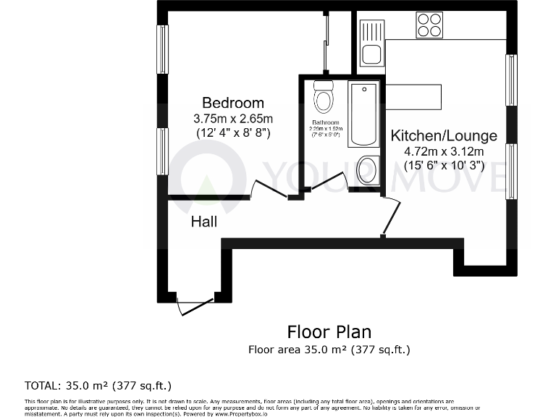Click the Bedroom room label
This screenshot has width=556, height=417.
[232, 103]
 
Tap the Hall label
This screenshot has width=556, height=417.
[204, 222]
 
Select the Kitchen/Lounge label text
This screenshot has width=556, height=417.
[444, 135]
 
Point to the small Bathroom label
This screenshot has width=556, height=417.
[325, 122]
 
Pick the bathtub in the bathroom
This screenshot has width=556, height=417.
[363, 114]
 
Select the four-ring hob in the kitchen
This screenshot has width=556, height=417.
[430, 26]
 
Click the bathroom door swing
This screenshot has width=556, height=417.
[329, 182]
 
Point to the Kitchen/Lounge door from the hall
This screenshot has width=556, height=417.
[392, 216]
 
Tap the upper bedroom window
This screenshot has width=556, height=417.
[163, 49]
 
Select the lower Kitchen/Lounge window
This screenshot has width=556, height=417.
[511, 172]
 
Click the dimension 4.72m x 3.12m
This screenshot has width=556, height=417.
[444, 151]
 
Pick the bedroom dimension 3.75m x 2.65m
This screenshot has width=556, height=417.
[232, 119]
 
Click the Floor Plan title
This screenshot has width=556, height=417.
[329, 332]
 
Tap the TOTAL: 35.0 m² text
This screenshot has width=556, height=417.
[98, 385]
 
